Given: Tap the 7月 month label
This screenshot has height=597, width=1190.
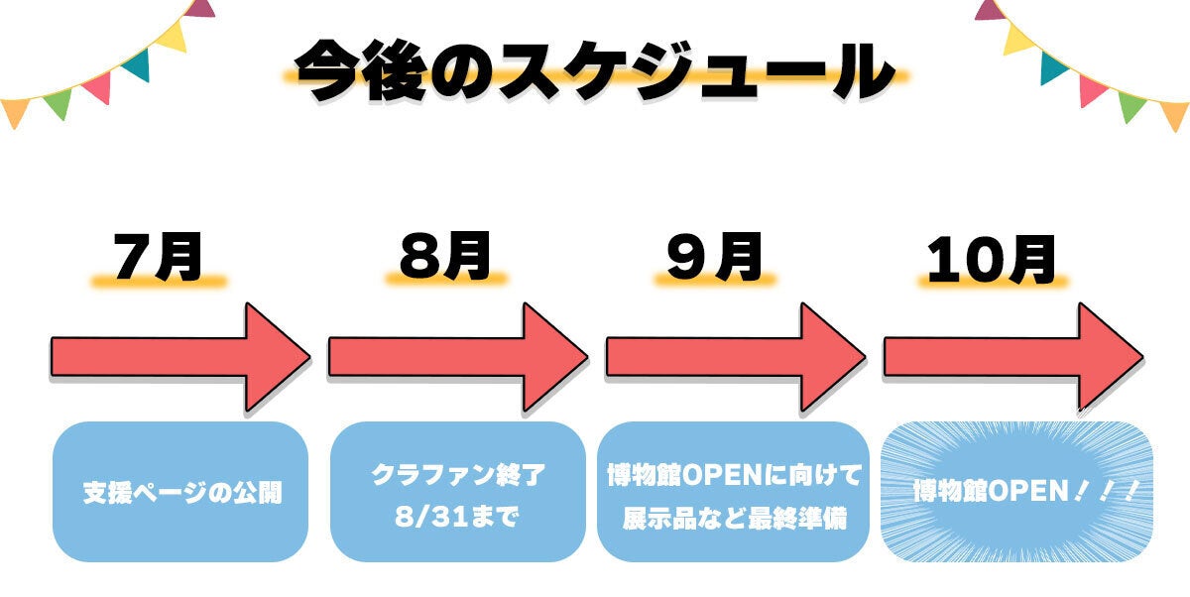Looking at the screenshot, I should coord(159,259).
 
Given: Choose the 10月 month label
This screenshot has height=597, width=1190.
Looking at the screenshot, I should coord(991,261).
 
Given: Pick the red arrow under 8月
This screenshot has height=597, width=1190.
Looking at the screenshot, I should coord(456,357).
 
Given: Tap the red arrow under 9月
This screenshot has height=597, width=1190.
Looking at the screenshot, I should coord(734,357).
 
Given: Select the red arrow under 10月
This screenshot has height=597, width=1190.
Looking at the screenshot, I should coord(1011,357).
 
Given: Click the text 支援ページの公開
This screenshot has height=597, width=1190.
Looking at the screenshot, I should coord(181,492).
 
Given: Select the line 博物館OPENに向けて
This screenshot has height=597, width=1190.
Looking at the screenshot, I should coord(734,475).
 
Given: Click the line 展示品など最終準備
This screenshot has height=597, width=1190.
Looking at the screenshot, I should coord(734,518).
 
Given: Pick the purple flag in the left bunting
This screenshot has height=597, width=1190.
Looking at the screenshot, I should coord(202,8).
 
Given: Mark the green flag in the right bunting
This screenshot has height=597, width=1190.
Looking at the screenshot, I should coord(1130,103).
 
